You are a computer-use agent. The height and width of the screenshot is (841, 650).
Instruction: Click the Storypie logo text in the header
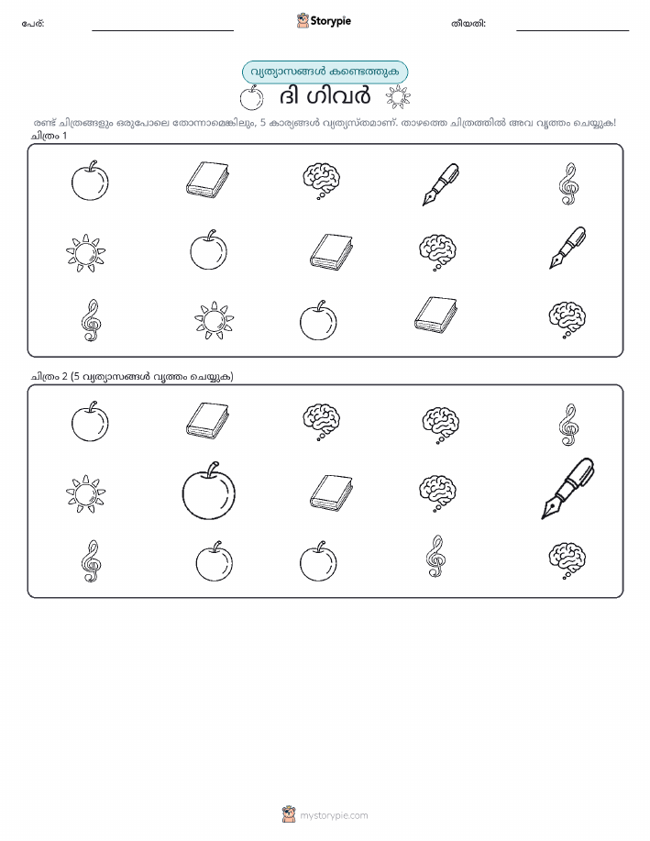point(330,21)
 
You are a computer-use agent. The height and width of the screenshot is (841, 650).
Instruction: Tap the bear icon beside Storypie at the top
point(303,20)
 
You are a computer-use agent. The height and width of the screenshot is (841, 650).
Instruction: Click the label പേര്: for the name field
point(33,24)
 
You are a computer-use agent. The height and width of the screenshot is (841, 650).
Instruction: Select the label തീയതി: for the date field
point(468,24)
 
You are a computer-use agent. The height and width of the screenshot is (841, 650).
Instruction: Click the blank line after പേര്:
point(162,30)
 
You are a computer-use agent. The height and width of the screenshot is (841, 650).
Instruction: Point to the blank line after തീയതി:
point(572,30)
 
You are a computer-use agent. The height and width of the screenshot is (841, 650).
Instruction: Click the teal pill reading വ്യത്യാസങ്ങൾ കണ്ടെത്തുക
point(325,72)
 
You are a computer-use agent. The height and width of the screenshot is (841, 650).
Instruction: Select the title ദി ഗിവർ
point(325,96)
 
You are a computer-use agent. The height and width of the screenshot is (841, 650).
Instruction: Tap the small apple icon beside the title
point(251,97)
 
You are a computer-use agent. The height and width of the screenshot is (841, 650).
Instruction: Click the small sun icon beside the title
point(398,97)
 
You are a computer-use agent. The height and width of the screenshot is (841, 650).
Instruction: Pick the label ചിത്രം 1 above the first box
point(49,136)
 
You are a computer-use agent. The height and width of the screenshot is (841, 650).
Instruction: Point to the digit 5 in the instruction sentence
point(263,122)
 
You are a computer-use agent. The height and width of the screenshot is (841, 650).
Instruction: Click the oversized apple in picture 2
point(209,491)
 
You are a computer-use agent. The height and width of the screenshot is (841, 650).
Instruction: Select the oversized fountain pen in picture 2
point(567,488)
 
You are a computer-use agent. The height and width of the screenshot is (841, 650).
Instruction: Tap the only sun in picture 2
point(86,493)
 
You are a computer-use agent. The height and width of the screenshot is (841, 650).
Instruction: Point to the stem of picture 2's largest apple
point(213,469)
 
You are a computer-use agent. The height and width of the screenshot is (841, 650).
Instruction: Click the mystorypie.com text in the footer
point(334,816)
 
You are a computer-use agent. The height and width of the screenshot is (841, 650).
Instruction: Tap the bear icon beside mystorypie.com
point(289,814)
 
